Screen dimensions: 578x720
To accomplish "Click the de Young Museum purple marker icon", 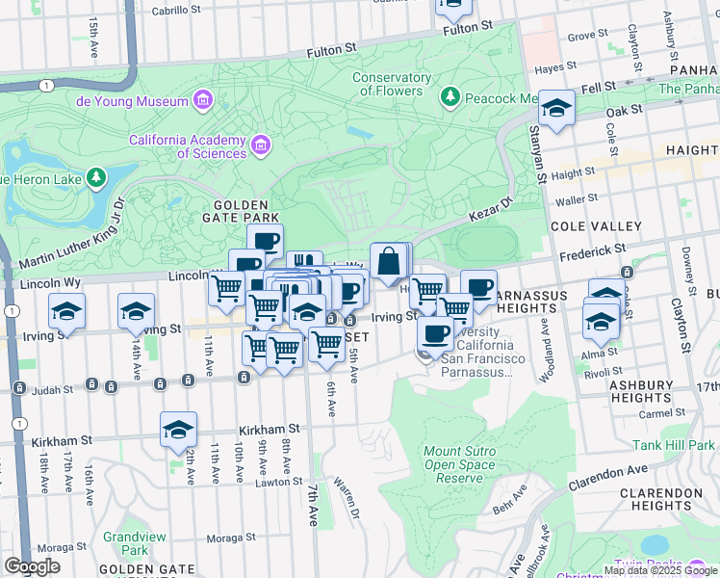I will pyautogui.click(x=202, y=100).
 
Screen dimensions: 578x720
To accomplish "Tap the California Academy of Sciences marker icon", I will pyautogui.click(x=260, y=145).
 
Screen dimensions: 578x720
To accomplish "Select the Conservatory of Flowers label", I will pyautogui.click(x=391, y=85).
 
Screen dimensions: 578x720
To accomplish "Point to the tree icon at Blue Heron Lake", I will pyautogui.click(x=95, y=177).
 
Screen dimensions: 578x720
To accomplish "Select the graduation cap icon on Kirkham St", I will pyautogui.click(x=178, y=430).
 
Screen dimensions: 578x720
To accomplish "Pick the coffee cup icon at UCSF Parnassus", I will pyautogui.click(x=435, y=332).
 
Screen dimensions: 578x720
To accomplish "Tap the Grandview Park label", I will pyautogui.click(x=127, y=543).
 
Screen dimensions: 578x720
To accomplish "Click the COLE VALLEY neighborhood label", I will pyautogui.click(x=595, y=226).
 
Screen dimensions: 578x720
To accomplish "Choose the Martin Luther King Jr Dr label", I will pyautogui.click(x=73, y=235).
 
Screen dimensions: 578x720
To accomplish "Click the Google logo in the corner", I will pyautogui.click(x=32, y=566).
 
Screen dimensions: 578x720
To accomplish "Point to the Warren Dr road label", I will pyautogui.click(x=346, y=494).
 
